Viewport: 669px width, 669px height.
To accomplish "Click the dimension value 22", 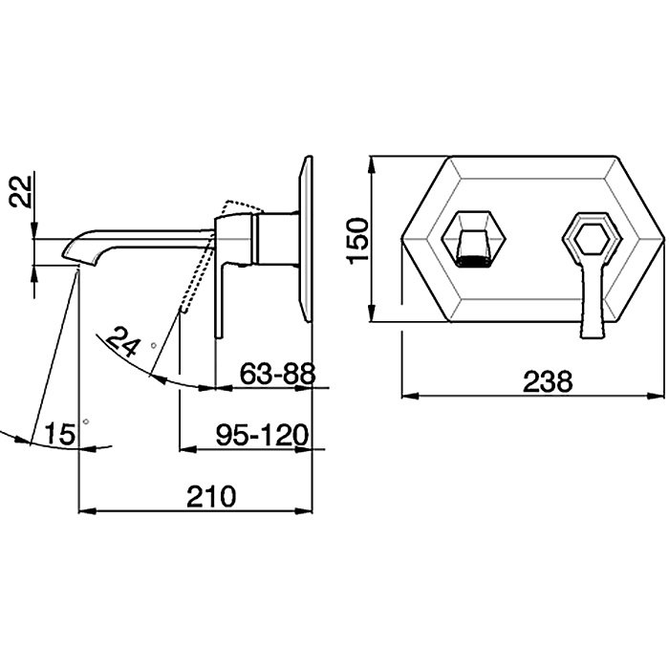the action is (x=20, y=191).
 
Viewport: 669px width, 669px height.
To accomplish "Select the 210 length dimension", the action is (x=211, y=497).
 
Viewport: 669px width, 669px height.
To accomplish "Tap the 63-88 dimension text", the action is (x=277, y=374).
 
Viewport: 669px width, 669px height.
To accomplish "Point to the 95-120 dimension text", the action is (x=262, y=435).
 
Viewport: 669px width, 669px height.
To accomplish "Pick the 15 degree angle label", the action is (x=59, y=434).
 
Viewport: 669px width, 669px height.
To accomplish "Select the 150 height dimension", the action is (x=356, y=241).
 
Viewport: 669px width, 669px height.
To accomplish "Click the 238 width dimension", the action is (x=548, y=381).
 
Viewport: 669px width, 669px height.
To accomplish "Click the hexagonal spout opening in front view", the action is (x=473, y=239).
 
